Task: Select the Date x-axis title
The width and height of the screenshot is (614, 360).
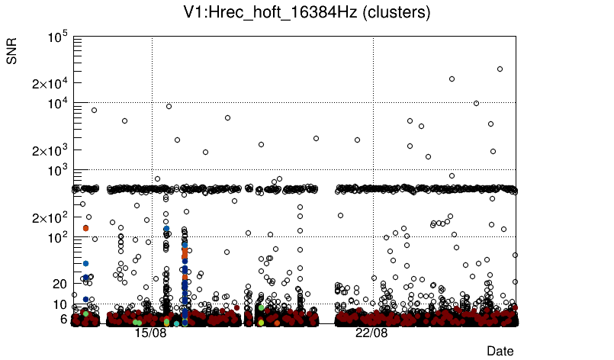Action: click(500, 350)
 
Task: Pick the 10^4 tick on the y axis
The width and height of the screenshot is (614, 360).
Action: click(59, 104)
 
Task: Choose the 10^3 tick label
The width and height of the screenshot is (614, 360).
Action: click(59, 171)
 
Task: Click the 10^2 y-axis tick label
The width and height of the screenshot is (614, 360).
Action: click(59, 238)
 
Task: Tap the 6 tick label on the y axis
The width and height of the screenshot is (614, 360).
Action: click(65, 319)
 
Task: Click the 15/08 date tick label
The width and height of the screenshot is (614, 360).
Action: click(150, 333)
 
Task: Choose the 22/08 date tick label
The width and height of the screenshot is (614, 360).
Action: click(371, 333)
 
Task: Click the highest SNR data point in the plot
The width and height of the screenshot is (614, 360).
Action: click(500, 69)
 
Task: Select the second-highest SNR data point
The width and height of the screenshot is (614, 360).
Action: click(452, 79)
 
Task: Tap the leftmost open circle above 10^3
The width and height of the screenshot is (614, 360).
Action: click(94, 110)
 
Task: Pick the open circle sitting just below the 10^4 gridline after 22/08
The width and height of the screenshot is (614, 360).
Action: click(476, 103)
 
